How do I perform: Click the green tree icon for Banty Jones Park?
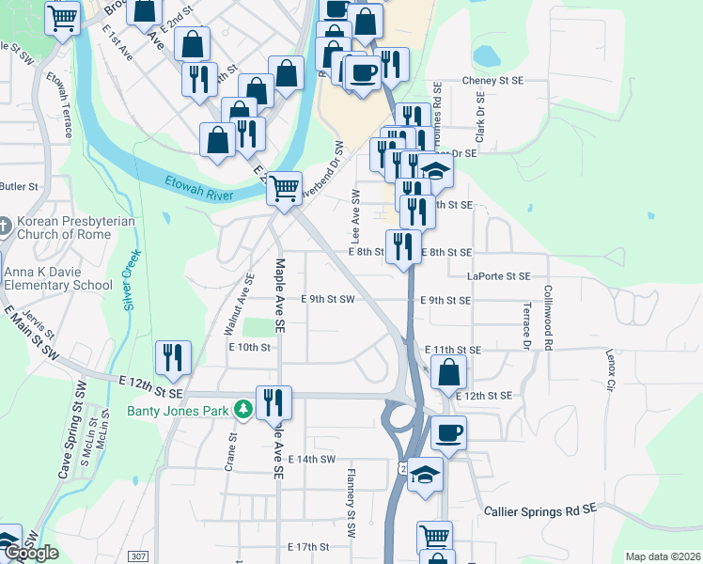242,410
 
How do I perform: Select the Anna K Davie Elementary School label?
58,279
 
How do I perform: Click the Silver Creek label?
132,279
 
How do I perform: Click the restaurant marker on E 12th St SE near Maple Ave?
273,401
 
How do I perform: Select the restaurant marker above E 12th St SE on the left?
173,356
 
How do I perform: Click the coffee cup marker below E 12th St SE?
447,432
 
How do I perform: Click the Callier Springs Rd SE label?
540,509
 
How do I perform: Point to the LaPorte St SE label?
499,276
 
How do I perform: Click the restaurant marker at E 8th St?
403,247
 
